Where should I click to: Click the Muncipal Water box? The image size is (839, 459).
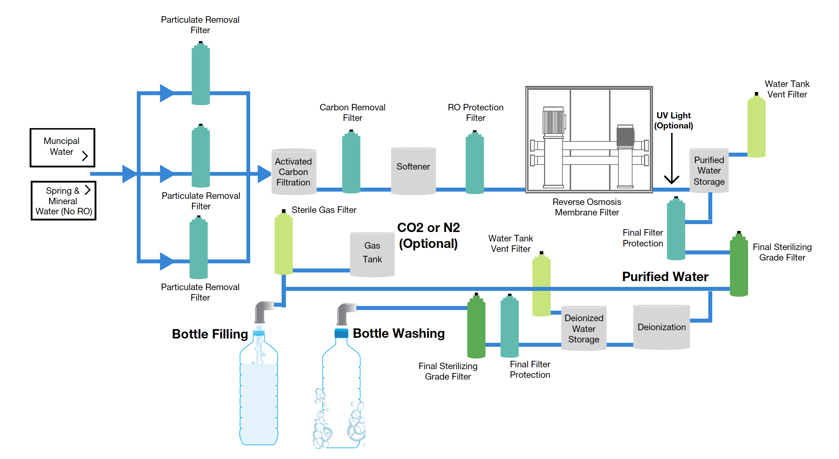(62, 147)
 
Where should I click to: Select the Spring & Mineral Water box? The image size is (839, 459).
(64, 201)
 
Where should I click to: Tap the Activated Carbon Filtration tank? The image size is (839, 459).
(294, 172)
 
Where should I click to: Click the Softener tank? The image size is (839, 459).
(413, 170)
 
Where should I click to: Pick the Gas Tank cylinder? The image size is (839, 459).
(372, 254)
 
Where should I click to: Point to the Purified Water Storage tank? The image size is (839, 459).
(709, 171)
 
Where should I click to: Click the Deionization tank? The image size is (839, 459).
(661, 327)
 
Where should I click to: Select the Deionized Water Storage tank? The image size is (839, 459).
(583, 328)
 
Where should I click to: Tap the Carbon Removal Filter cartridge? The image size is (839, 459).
(351, 162)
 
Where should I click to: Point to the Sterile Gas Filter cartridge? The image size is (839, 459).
(283, 244)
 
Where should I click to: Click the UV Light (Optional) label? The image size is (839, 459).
(673, 121)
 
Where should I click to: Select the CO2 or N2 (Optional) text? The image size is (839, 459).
(428, 235)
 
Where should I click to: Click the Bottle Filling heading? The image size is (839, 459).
(210, 334)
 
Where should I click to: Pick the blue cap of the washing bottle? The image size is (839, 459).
(341, 333)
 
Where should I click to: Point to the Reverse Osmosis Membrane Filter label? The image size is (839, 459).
(587, 207)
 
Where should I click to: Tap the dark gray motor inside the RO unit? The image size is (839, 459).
(625, 136)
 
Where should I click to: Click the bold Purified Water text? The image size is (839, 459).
(665, 277)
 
